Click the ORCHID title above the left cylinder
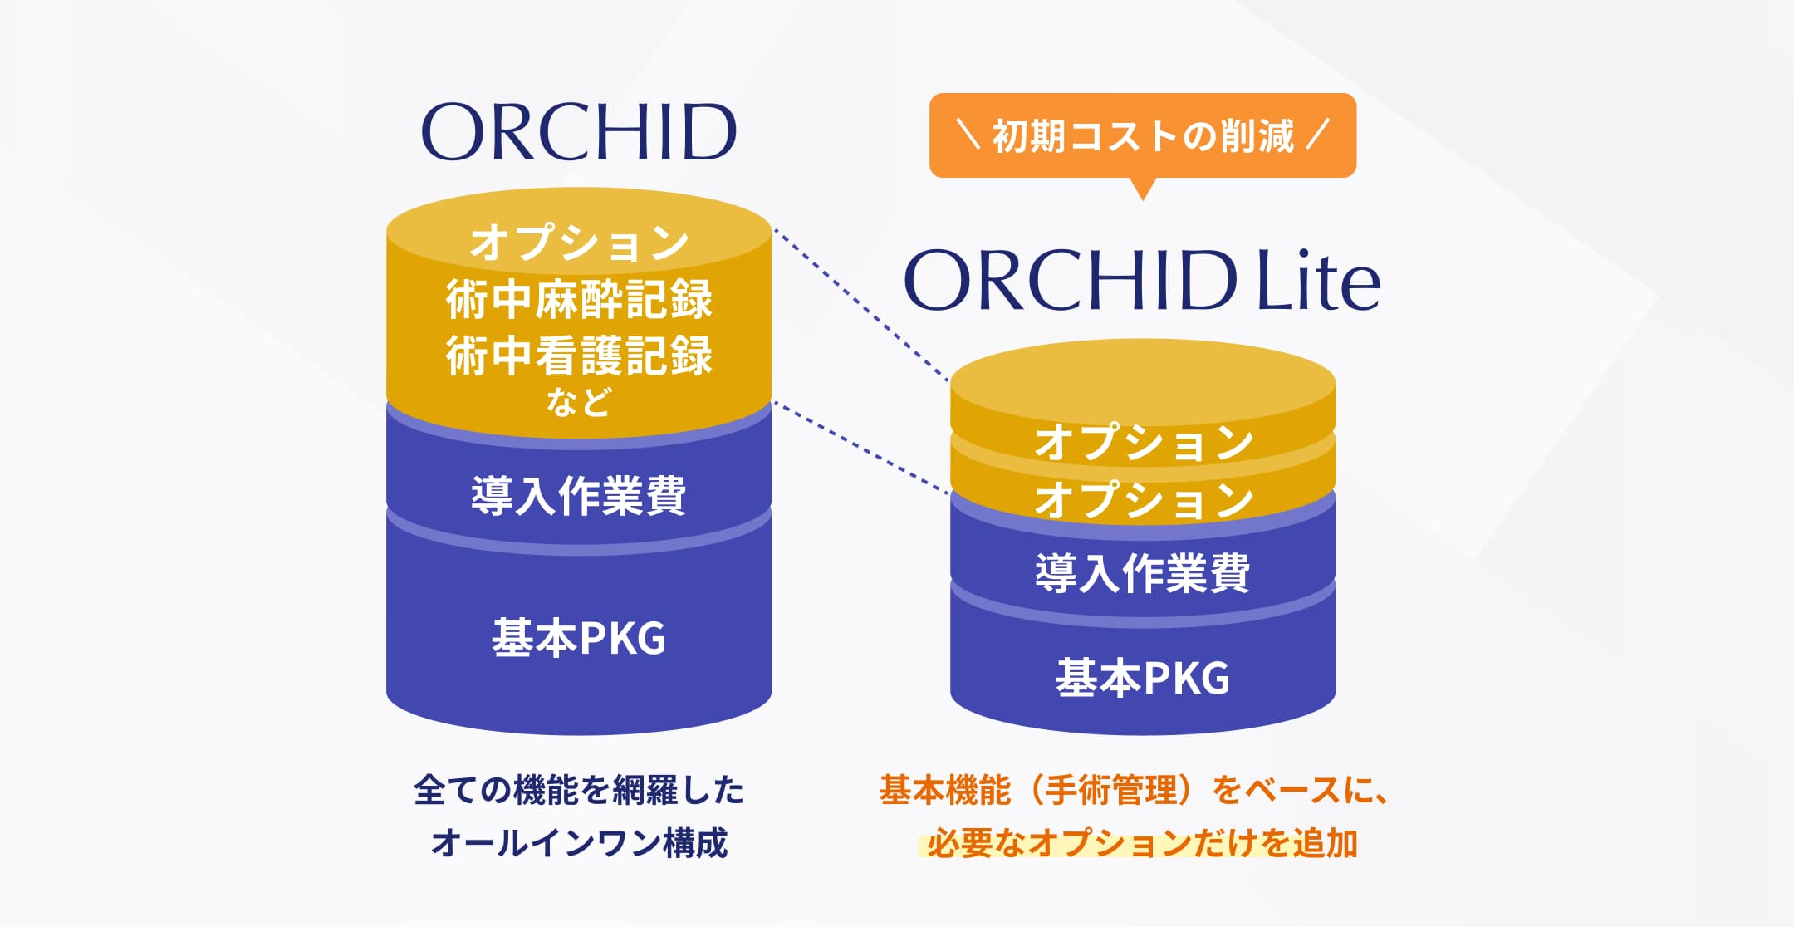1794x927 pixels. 579,133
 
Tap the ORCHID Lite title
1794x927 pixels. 1142,281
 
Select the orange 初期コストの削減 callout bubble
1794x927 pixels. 1142,136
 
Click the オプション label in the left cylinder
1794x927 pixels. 579,243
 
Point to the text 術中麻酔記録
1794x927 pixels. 579,300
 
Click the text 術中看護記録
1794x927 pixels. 579,356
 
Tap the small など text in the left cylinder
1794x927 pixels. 579,402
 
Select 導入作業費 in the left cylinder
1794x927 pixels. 579,496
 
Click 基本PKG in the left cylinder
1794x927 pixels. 579,638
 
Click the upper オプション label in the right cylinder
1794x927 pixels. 1143,442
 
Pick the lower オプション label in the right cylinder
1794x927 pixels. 1143,500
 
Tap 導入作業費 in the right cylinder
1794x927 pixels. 1143,573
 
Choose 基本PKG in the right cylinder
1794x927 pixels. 1143,677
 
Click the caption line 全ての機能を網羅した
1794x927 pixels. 579,790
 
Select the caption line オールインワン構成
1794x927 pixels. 579,843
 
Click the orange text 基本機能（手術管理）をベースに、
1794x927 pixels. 1134,790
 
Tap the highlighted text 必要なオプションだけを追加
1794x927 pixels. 1142,843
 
